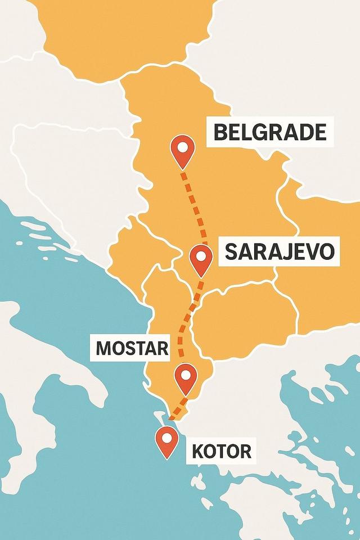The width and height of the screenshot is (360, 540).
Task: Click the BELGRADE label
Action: coord(270,132)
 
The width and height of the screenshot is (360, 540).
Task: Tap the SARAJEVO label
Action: coord(280,251)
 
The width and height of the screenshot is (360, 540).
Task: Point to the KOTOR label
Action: coord(221,451)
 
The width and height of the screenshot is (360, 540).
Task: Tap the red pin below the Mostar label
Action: coord(186,378)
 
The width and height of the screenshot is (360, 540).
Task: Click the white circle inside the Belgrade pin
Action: coord(182,147)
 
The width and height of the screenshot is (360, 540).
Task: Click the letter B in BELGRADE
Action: coord(221,132)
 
